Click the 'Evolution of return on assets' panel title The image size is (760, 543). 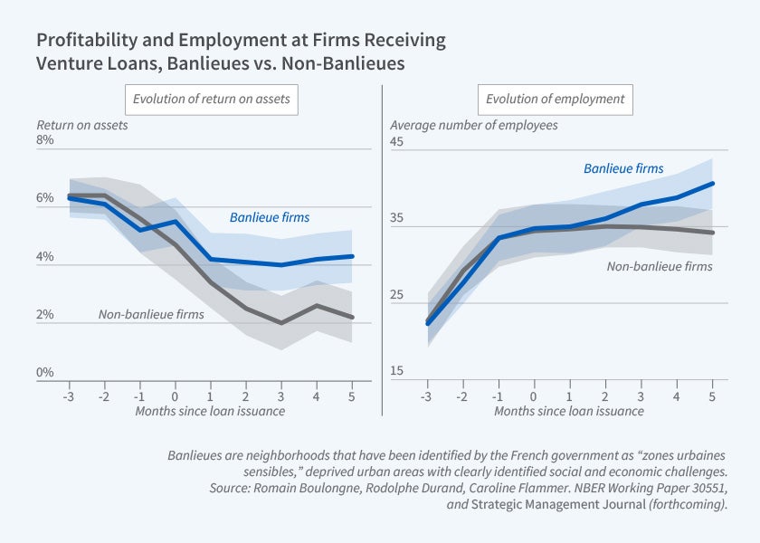point(211,99)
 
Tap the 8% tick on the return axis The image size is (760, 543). point(45,140)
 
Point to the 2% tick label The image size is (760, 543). point(45,315)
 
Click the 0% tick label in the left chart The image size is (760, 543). point(45,372)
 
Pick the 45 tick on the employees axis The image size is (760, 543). point(397,141)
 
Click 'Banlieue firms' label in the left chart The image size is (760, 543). point(269,217)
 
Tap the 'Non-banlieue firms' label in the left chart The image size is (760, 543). point(151,314)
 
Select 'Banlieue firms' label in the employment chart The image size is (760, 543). point(623,168)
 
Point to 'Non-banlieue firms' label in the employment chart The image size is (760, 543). point(660,266)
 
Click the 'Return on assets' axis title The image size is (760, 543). point(82,125)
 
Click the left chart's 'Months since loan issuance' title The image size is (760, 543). point(210,411)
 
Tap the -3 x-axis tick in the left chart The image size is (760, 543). point(68,395)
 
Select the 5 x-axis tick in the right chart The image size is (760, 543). point(713,395)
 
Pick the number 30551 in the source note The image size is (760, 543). point(698,489)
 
